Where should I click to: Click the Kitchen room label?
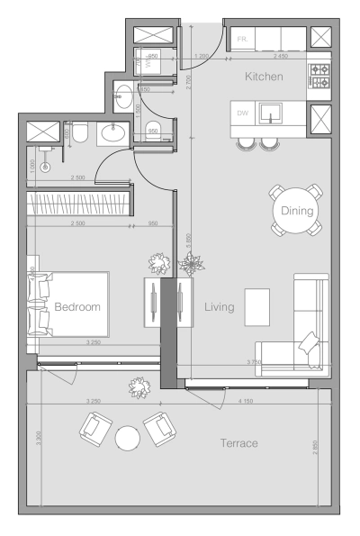pos(264,77)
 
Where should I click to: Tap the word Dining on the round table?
pos(296,212)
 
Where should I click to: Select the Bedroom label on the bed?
pos(76,306)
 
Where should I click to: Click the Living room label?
pos(219,307)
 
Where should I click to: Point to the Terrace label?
pos(239,443)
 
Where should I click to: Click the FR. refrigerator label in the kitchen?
pos(242,40)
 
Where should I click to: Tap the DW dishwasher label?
pos(242,114)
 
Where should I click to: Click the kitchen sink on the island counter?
pos(269,114)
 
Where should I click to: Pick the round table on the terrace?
pos(128,438)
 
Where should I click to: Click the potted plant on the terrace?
pos(140,387)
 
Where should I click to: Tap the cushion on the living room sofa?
pos(309,342)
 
